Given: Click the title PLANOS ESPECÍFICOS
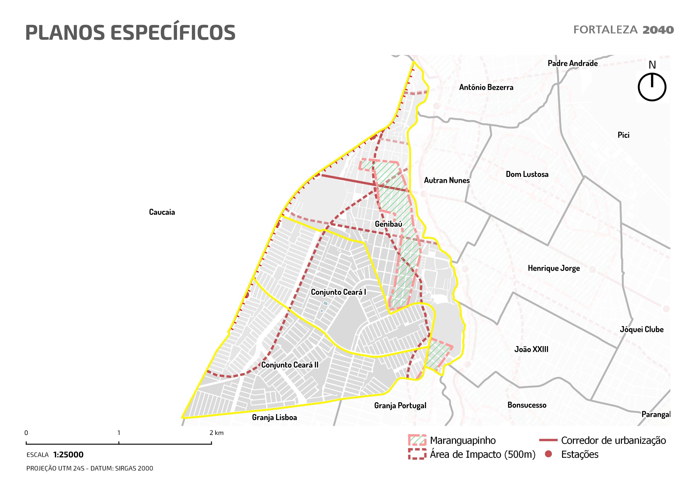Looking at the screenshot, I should pyautogui.click(x=130, y=32).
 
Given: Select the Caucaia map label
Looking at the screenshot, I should pyautogui.click(x=162, y=212).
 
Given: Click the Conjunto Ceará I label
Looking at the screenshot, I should pyautogui.click(x=338, y=292).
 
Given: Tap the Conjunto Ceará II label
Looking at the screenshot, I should pyautogui.click(x=290, y=365).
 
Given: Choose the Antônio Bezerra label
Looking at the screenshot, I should pyautogui.click(x=486, y=87).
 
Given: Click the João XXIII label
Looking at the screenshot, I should pyautogui.click(x=531, y=349).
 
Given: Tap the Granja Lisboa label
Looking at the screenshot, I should pyautogui.click(x=274, y=417).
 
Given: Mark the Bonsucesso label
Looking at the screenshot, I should pyautogui.click(x=527, y=405).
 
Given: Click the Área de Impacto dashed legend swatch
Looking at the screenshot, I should pyautogui.click(x=417, y=454).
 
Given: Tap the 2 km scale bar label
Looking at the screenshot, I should pyautogui.click(x=216, y=433).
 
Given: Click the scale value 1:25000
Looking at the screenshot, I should pyautogui.click(x=68, y=455).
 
